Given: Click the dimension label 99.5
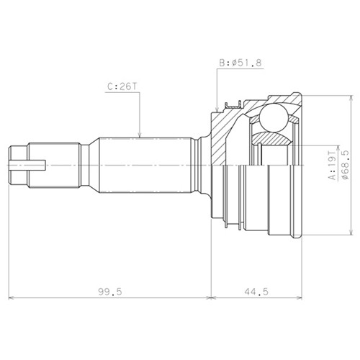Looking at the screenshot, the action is pos(110,292).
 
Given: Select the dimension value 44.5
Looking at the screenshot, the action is pos(256,292).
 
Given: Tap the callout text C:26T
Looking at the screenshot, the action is pos(122,86).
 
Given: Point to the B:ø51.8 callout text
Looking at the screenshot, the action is pos(240,63).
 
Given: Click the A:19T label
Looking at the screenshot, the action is pos(333,166).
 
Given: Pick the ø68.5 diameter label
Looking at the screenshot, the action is pos(346,165).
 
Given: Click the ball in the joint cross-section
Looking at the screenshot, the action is pos(274,118).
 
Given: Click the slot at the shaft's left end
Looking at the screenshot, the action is pos(27,165).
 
